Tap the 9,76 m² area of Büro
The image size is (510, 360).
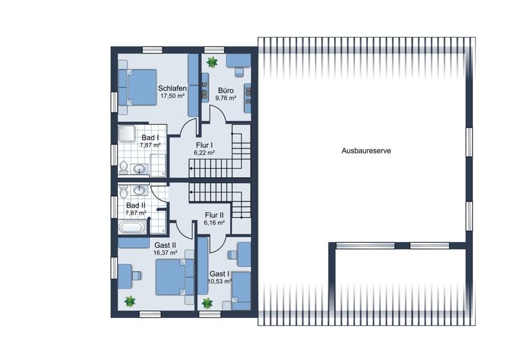coord(226,99)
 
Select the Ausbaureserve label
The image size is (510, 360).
coord(366,151)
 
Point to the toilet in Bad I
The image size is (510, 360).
coord(123,168)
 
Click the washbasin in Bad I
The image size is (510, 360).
coord(140,169)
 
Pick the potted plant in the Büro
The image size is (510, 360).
coord(211,61)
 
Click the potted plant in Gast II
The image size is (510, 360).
coord(129,301)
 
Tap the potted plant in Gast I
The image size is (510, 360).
coord(206,303)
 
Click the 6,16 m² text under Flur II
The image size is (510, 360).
coord(214,223)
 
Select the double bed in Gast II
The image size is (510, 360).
coord(172,278)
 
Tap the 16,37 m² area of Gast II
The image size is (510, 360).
coord(164,252)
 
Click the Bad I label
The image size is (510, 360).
coord(150,137)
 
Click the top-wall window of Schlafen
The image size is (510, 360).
coord(152,49)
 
